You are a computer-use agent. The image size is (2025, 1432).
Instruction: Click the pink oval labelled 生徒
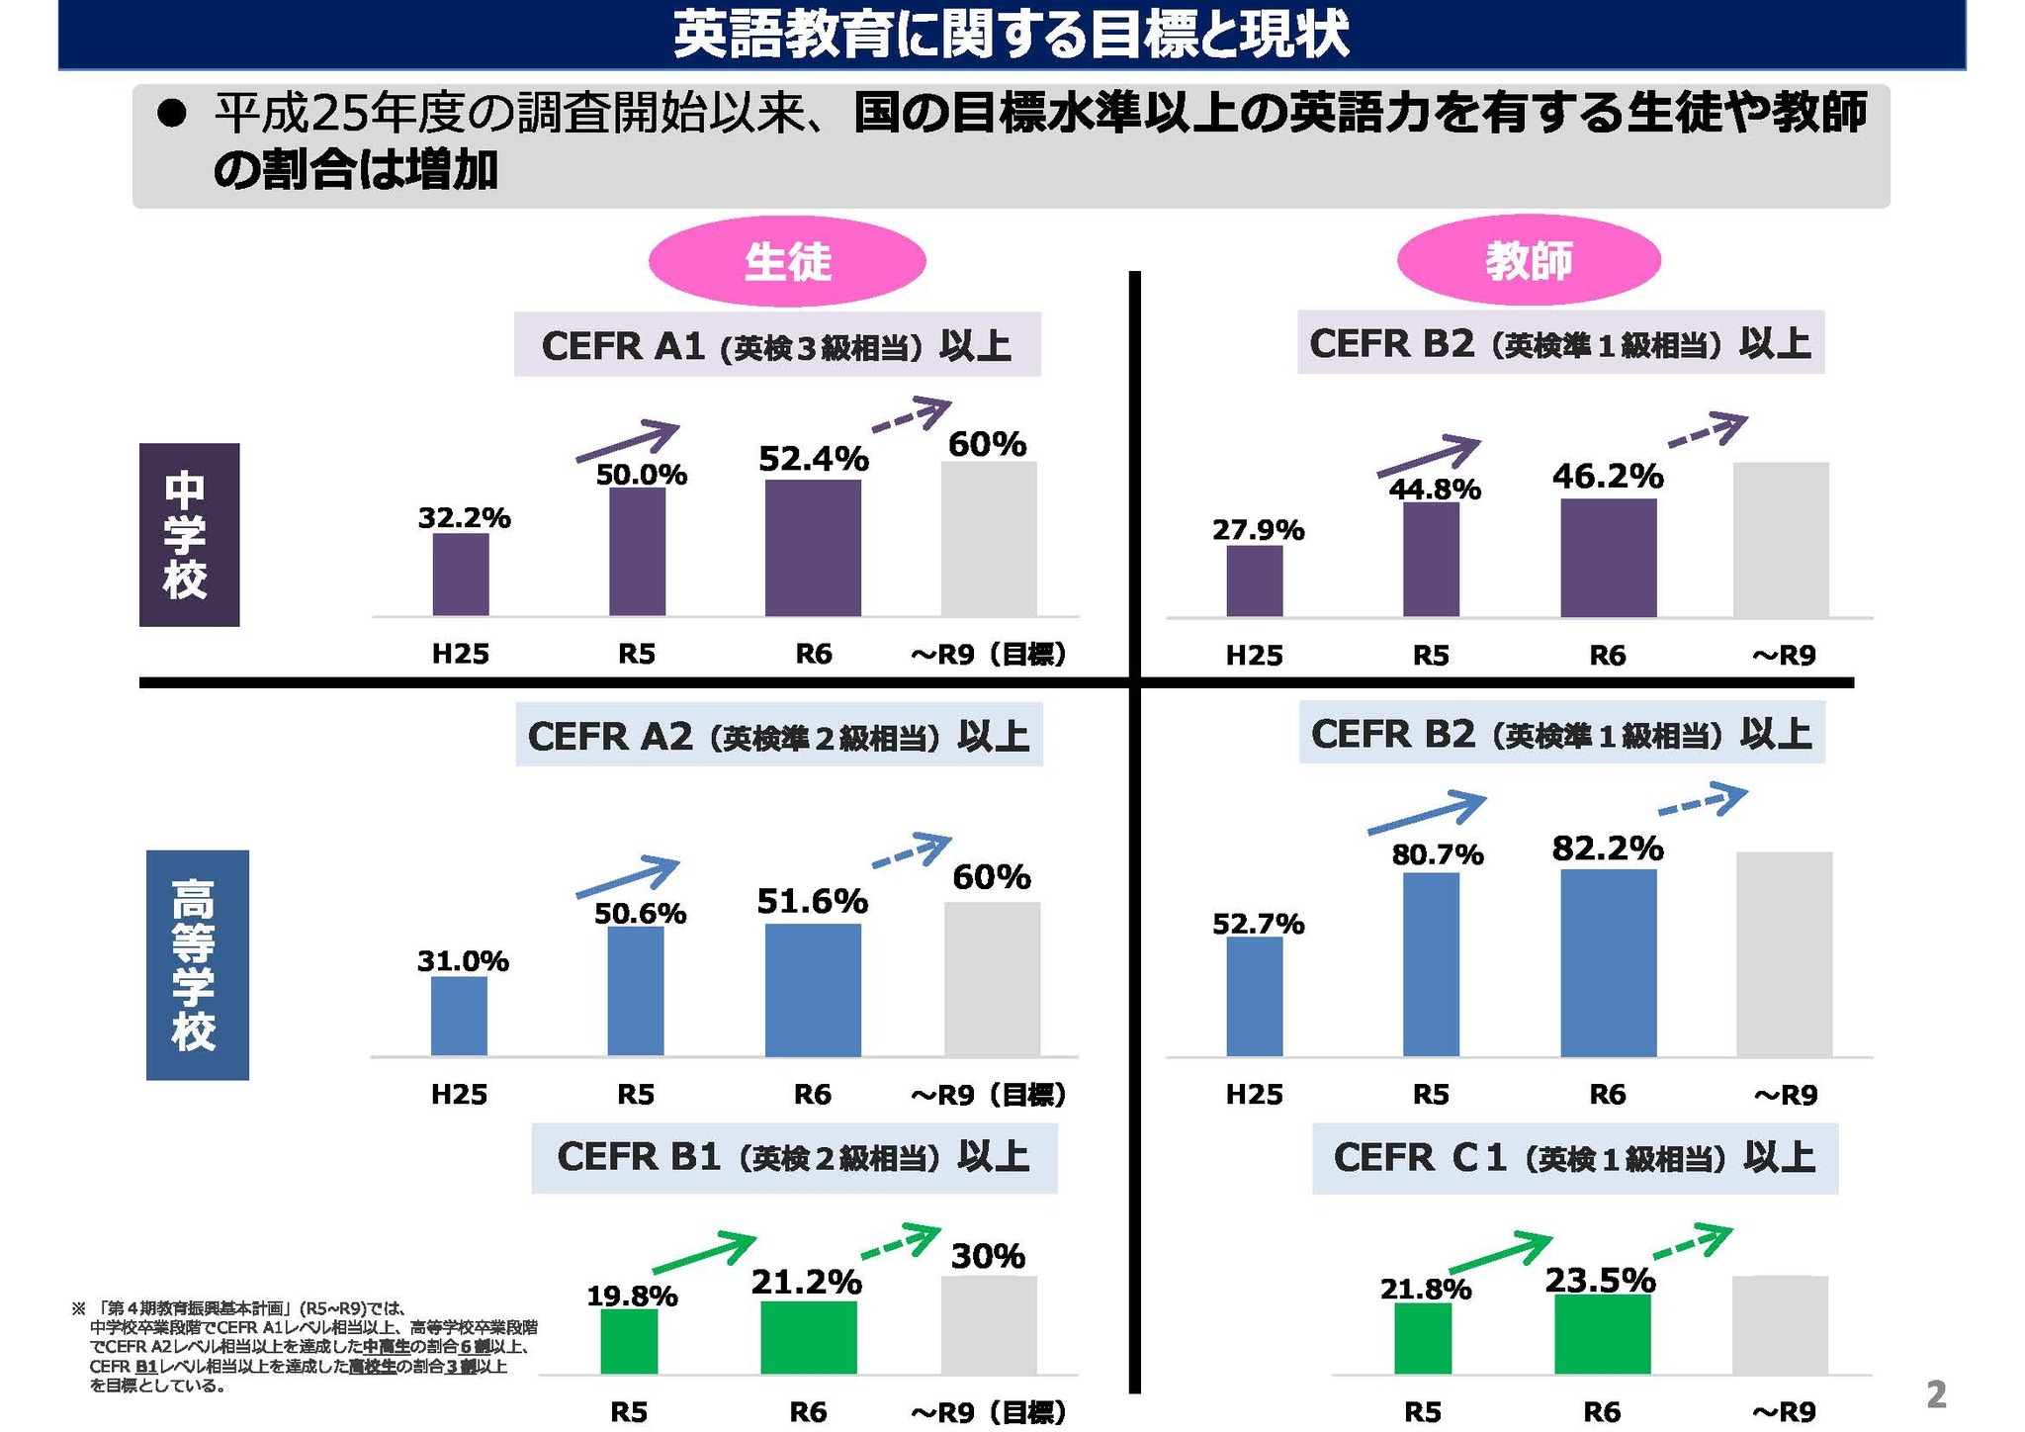(x=786, y=261)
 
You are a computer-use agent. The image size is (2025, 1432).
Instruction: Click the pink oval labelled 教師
(x=1528, y=261)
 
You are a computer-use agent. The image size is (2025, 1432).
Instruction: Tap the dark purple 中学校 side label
(x=189, y=534)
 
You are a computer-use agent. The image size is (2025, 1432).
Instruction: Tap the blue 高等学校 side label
(x=197, y=964)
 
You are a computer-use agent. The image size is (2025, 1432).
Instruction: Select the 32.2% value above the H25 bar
(x=464, y=518)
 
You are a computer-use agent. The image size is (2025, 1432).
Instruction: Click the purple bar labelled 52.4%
(x=813, y=548)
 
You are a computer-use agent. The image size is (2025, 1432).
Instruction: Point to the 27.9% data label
(x=1258, y=531)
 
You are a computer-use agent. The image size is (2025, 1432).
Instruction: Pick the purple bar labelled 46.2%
(x=1608, y=558)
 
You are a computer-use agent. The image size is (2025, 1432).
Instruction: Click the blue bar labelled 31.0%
(x=459, y=1016)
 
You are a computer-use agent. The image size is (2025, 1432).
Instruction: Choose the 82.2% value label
(x=1608, y=849)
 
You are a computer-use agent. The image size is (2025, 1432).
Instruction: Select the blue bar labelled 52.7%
(x=1254, y=996)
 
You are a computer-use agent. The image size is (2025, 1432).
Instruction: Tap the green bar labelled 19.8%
(x=629, y=1341)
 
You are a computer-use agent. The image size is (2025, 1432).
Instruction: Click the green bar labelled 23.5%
(x=1602, y=1334)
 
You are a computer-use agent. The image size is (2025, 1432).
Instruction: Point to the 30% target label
(x=988, y=1256)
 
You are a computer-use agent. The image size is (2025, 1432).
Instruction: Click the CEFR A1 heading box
(x=777, y=345)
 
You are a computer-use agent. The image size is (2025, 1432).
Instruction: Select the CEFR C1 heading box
(x=1574, y=1158)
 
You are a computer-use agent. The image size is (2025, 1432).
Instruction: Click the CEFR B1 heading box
(x=794, y=1158)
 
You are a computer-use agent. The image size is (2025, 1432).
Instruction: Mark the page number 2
(x=1936, y=1394)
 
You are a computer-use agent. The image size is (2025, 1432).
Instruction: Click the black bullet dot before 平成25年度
(x=172, y=115)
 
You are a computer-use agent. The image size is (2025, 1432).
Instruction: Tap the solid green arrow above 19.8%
(x=704, y=1252)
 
